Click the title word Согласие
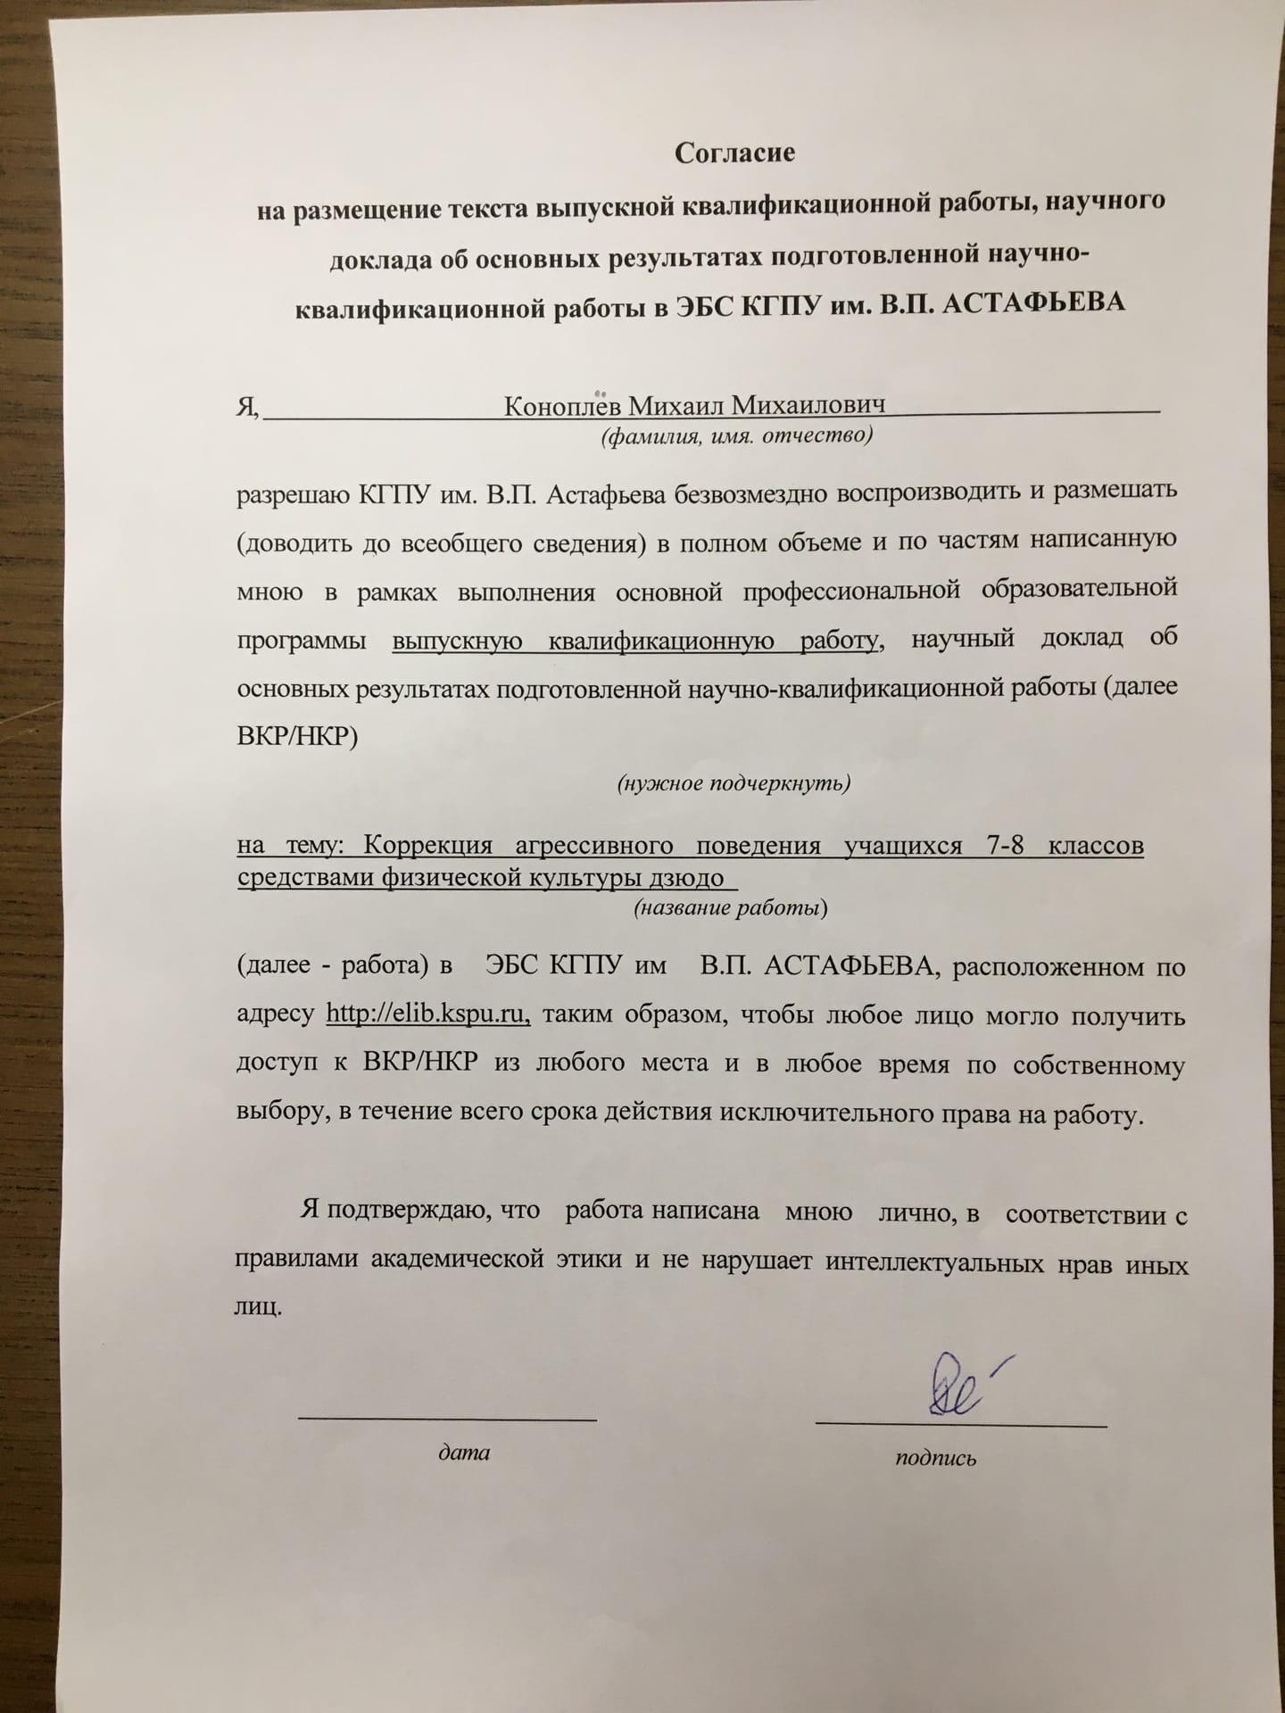click(x=734, y=153)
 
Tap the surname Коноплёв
click(x=566, y=407)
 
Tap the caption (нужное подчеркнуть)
click(x=734, y=783)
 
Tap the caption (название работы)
click(x=731, y=908)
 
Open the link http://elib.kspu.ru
click(x=429, y=1014)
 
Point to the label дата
click(x=464, y=1452)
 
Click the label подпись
click(x=936, y=1458)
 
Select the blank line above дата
click(x=447, y=1417)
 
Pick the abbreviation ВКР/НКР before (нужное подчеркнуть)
click(x=297, y=738)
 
